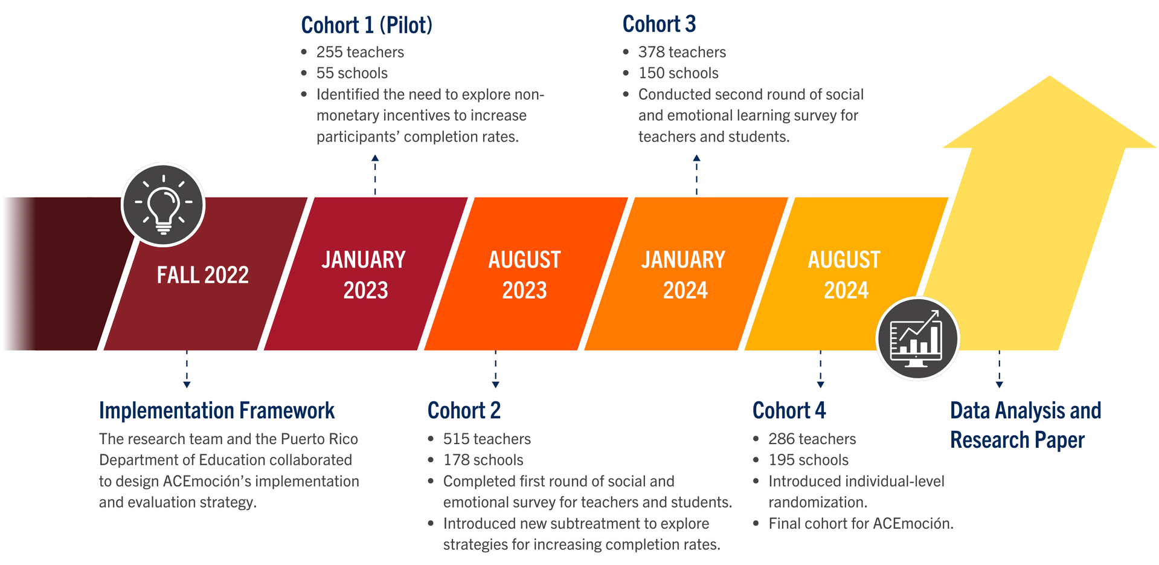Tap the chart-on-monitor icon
click(917, 338)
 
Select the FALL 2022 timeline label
click(203, 276)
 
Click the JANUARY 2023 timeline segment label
click(364, 275)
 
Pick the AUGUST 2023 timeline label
click(524, 275)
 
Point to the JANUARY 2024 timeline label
click(684, 275)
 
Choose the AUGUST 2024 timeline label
click(844, 275)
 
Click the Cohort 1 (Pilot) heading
click(367, 25)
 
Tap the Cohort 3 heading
click(659, 24)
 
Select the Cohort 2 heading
click(464, 410)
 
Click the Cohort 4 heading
click(789, 410)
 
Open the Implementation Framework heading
click(217, 410)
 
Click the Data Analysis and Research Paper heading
click(1026, 425)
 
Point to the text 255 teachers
click(360, 52)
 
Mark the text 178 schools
click(483, 460)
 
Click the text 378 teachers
click(682, 52)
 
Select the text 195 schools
click(808, 460)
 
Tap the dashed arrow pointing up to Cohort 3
click(696, 175)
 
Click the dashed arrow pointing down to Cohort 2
click(495, 369)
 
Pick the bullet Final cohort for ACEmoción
click(861, 523)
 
